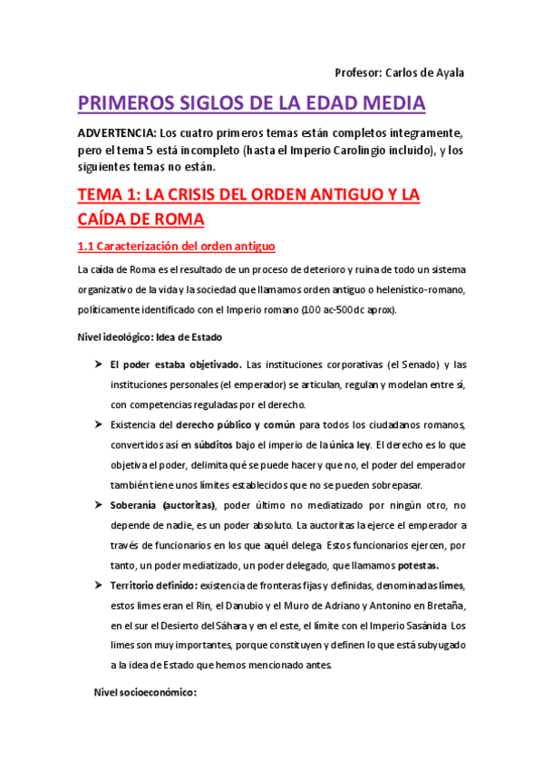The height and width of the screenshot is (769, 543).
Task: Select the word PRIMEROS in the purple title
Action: pyautogui.click(x=135, y=103)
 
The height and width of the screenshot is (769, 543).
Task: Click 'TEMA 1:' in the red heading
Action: pyautogui.click(x=112, y=195)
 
